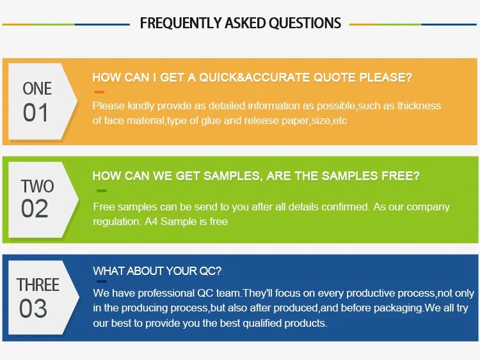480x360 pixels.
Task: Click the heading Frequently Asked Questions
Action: (x=240, y=23)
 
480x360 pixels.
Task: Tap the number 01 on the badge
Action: (x=36, y=113)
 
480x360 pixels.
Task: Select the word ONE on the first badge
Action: (x=37, y=89)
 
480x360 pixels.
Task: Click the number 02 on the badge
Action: (x=35, y=208)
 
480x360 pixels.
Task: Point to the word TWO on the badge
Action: (x=37, y=186)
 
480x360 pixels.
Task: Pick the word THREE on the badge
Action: (x=38, y=285)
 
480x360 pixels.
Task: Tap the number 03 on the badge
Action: (x=33, y=308)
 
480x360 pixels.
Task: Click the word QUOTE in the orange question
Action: (x=334, y=77)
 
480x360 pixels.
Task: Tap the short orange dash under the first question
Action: (x=99, y=92)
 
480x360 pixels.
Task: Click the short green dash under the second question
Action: (x=102, y=191)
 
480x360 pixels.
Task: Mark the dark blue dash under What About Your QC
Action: (x=102, y=281)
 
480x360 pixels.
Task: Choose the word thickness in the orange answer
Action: (x=419, y=106)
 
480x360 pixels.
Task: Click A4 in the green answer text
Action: (x=151, y=221)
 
